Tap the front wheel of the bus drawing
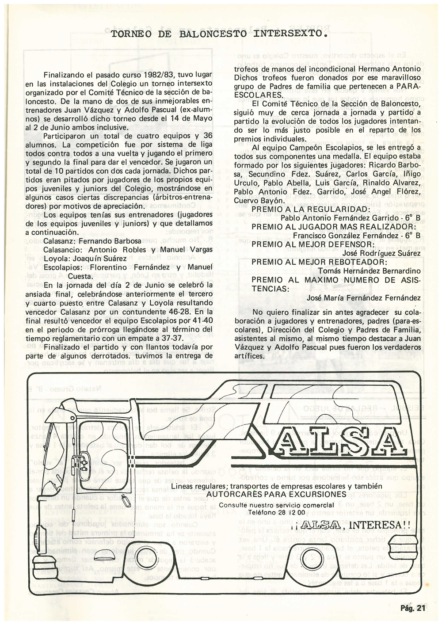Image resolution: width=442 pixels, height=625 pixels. click(150, 557)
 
